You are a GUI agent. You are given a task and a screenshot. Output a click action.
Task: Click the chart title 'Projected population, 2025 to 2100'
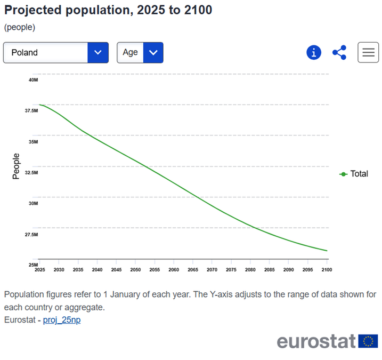(x=108, y=10)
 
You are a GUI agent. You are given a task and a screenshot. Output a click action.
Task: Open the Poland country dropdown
(x=55, y=52)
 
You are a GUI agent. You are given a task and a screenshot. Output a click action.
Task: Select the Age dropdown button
(x=140, y=52)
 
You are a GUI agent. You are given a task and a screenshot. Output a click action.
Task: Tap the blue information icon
(x=314, y=52)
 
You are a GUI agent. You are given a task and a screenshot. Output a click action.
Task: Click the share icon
(x=339, y=52)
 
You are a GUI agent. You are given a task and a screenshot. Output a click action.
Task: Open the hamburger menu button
(x=368, y=52)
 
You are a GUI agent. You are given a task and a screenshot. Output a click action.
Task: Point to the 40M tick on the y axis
(x=33, y=80)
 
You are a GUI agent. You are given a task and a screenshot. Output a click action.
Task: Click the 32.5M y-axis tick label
(x=33, y=173)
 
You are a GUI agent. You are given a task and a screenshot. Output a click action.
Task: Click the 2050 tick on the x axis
(x=135, y=270)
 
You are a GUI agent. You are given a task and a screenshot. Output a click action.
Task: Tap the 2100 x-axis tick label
(x=327, y=270)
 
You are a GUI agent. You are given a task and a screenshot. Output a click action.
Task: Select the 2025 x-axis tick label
(x=39, y=270)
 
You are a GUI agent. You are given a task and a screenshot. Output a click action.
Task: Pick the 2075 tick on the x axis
(x=231, y=270)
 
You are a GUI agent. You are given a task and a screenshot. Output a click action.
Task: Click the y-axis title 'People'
(x=16, y=166)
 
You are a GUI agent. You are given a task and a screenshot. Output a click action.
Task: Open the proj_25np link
(x=62, y=320)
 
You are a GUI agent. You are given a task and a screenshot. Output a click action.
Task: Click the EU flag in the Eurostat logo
(x=368, y=341)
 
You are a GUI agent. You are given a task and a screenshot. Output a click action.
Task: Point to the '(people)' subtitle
(x=20, y=27)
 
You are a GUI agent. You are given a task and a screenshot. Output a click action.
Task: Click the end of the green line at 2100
(x=327, y=251)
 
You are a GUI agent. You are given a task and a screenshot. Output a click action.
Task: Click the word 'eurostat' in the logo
(x=316, y=341)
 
